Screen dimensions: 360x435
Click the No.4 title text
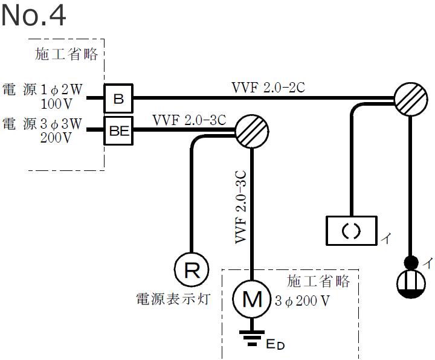coord(34,16)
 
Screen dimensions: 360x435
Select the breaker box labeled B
coord(118,98)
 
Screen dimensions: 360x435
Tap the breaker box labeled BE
coord(119,131)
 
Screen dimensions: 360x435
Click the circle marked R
coord(192,269)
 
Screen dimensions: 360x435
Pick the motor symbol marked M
coord(251,299)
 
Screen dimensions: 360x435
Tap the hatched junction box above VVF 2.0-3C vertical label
coord(251,130)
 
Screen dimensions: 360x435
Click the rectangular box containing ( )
coord(351,231)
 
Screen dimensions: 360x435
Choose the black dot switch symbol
coord(411,263)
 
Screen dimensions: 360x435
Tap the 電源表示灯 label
coord(173,298)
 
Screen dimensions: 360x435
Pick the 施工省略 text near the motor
coord(318,281)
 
